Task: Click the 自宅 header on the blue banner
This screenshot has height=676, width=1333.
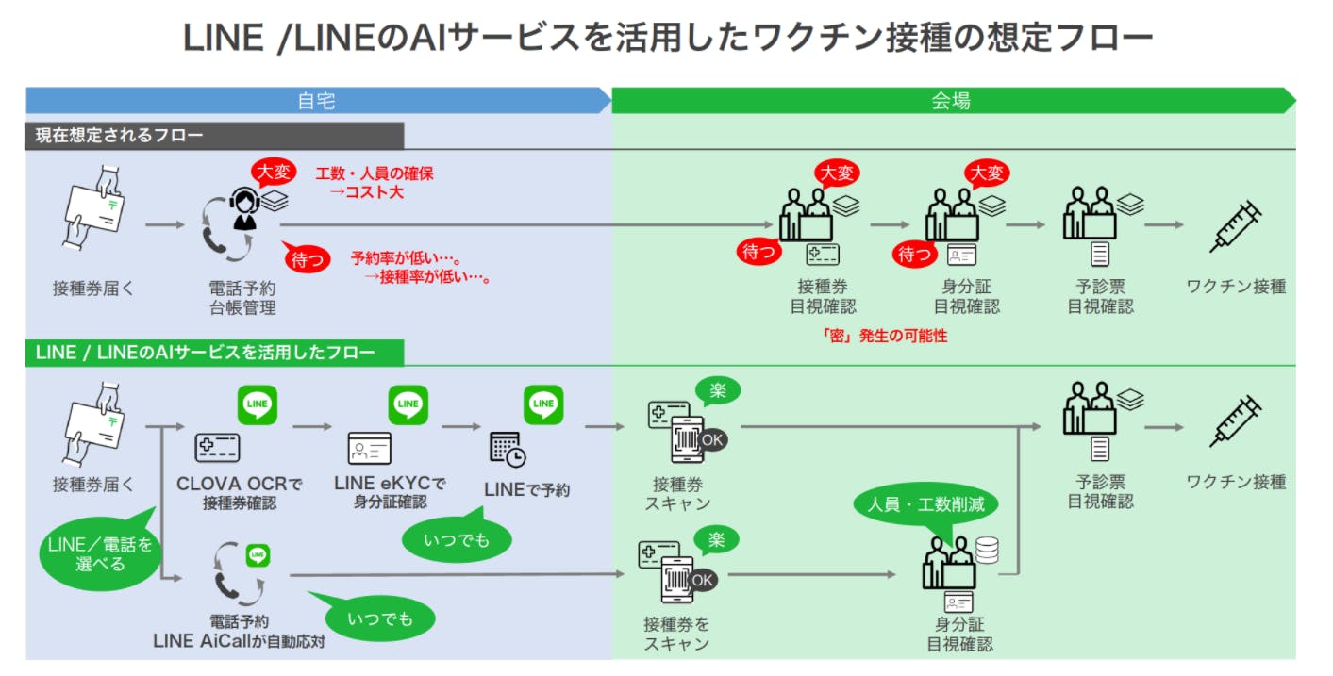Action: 316,101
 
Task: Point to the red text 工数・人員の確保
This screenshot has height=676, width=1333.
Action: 375,173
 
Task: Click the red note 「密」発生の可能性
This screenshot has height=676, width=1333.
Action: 885,336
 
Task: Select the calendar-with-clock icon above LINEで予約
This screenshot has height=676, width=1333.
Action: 508,449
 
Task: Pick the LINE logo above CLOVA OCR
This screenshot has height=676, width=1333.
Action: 257,404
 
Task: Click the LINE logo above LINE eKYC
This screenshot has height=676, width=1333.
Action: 408,404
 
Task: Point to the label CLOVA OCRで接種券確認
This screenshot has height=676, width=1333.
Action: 240,493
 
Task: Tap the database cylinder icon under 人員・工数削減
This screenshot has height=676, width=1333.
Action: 987,550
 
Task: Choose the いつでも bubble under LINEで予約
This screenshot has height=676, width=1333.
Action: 457,539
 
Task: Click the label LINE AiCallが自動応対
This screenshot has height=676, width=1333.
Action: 239,641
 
